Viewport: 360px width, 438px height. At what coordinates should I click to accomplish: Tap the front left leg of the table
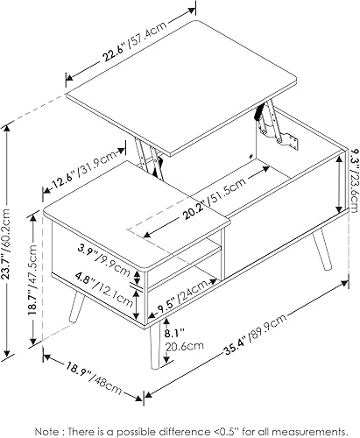[x=77, y=307]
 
